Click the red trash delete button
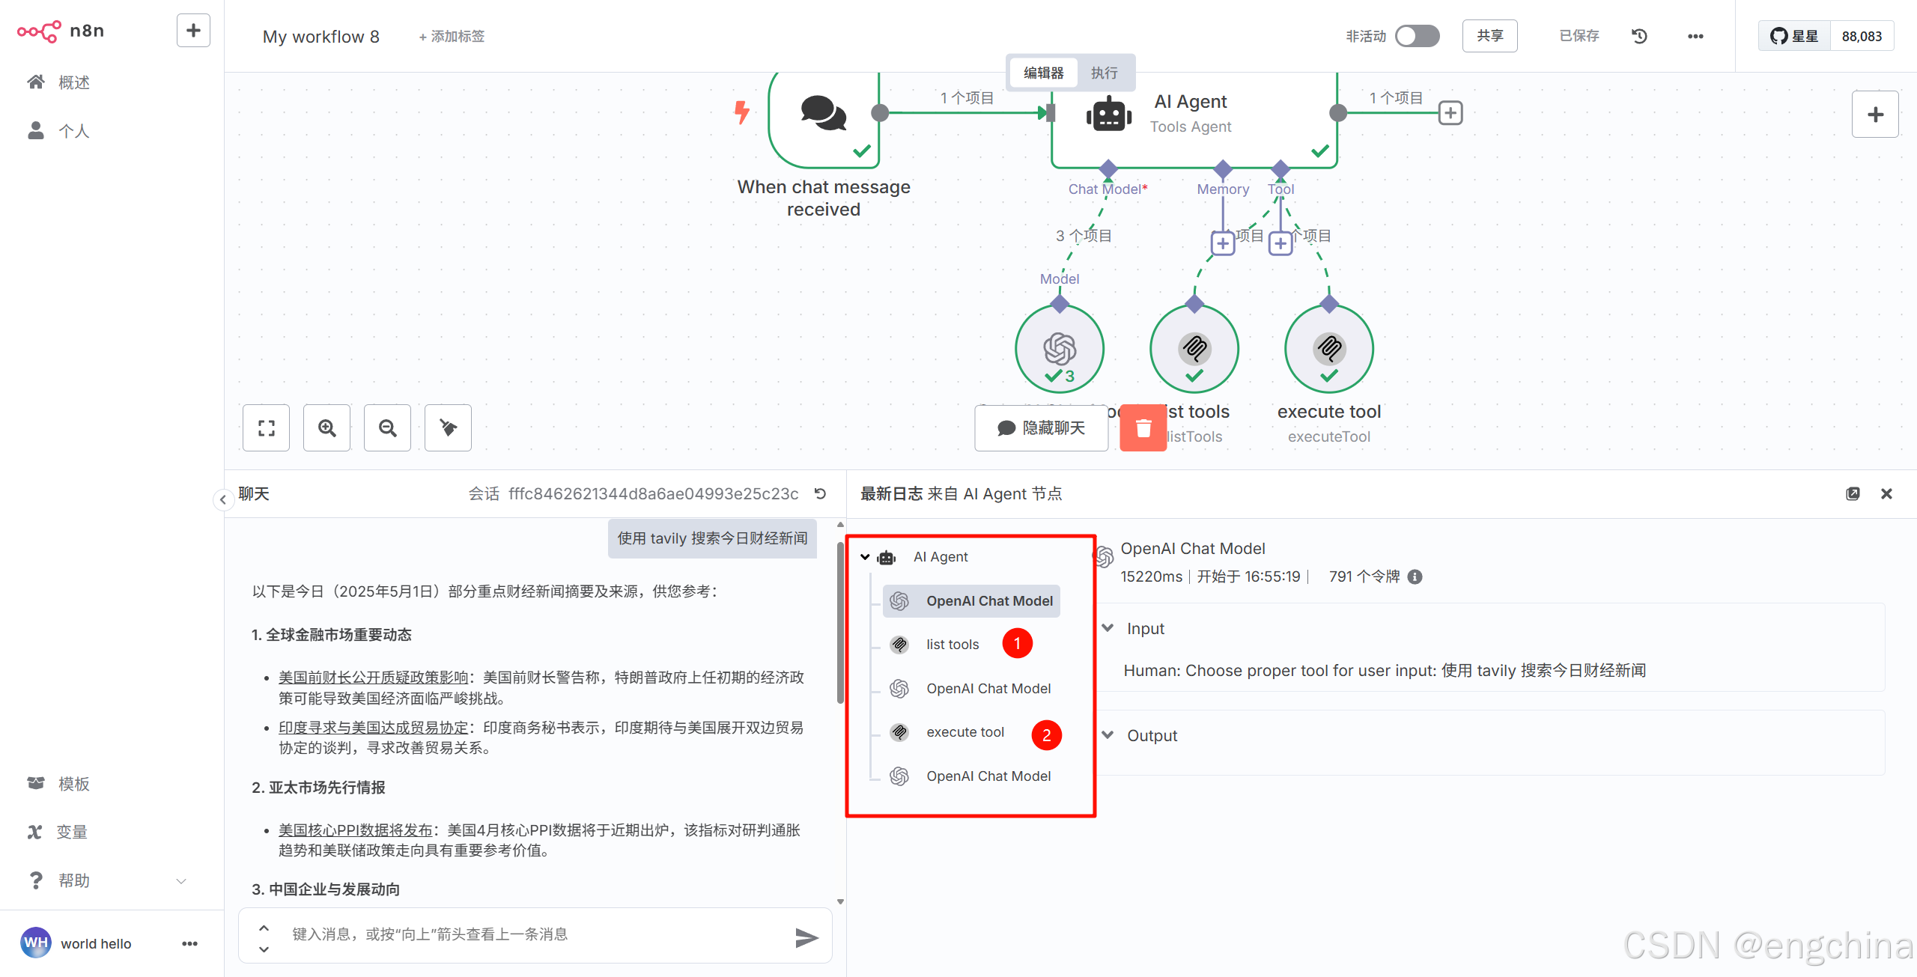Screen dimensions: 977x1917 coord(1143,428)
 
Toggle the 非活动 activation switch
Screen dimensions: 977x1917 coord(1417,36)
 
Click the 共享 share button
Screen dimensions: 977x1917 coord(1489,36)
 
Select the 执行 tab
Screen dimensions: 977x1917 coord(1104,73)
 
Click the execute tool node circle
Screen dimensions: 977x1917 coord(1328,349)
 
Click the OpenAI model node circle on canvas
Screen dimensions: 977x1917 coord(1060,349)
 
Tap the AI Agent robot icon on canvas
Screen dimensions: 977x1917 coord(1108,115)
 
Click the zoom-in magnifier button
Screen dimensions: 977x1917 coord(327,428)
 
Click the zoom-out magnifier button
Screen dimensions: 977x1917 coord(388,428)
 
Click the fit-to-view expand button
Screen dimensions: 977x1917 coord(267,428)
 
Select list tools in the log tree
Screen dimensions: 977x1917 coord(952,645)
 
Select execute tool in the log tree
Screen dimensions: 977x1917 coord(964,732)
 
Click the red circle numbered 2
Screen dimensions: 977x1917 coord(1046,735)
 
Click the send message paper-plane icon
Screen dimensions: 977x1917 coord(806,937)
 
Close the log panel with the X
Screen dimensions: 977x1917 coord(1886,494)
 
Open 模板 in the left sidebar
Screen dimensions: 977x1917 coord(73,784)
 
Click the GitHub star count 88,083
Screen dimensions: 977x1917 coord(1862,36)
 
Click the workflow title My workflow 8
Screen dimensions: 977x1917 coord(320,37)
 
